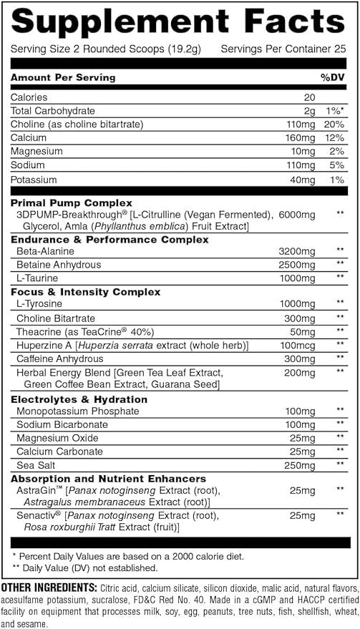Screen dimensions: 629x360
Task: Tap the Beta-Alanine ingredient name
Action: point(46,251)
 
